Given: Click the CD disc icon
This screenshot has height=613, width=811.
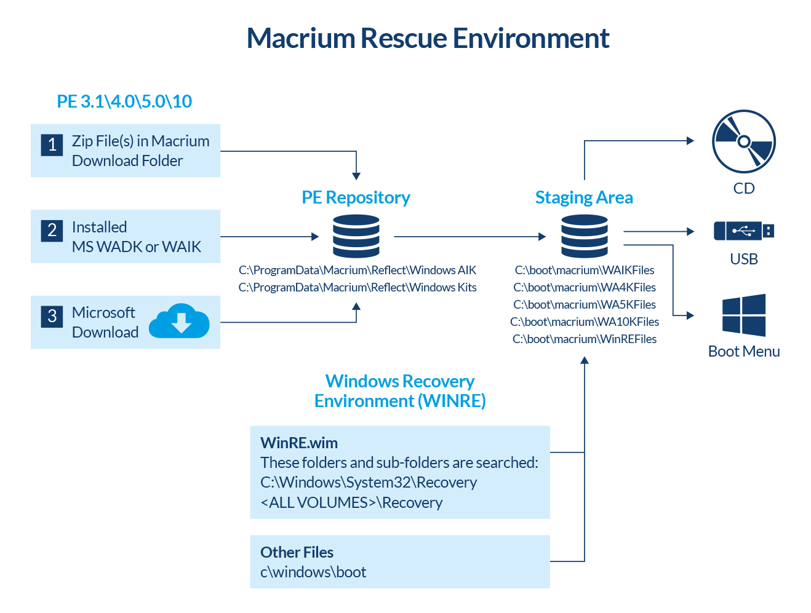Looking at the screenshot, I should pyautogui.click(x=743, y=142).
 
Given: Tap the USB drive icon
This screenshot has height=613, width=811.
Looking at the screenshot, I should pyautogui.click(x=743, y=231).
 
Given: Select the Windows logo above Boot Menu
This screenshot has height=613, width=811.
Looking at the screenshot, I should pyautogui.click(x=744, y=315).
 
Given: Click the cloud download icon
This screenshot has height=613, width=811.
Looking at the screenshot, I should pyautogui.click(x=179, y=321).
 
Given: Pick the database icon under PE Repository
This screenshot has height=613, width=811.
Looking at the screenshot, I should pyautogui.click(x=356, y=236).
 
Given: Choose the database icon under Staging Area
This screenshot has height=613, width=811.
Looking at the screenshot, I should pyautogui.click(x=584, y=236).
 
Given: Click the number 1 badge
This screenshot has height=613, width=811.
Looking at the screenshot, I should pyautogui.click(x=52, y=144).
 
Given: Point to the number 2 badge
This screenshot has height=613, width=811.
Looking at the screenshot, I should pyautogui.click(x=52, y=231).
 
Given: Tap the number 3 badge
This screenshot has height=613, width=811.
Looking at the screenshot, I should pyautogui.click(x=52, y=316).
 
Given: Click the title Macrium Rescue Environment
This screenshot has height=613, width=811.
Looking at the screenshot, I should pyautogui.click(x=428, y=38).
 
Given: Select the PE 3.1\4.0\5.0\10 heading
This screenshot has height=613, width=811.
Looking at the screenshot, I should pyautogui.click(x=124, y=101).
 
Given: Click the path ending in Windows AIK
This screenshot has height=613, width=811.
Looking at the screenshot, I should pyautogui.click(x=358, y=270).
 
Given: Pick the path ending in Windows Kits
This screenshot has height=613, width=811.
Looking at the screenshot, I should pyautogui.click(x=358, y=287).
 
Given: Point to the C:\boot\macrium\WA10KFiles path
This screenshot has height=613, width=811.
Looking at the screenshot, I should pyautogui.click(x=585, y=322).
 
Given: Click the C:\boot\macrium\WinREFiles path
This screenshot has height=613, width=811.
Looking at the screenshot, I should pyautogui.click(x=585, y=339).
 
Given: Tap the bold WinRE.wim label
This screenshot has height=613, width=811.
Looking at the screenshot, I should pyautogui.click(x=299, y=443).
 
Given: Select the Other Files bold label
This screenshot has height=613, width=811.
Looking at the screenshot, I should pyautogui.click(x=297, y=552).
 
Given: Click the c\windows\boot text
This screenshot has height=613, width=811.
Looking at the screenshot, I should pyautogui.click(x=313, y=572).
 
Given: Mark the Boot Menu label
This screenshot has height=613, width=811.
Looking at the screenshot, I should pyautogui.click(x=744, y=351).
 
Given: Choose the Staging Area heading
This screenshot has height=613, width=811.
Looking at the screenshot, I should pyautogui.click(x=584, y=197).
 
